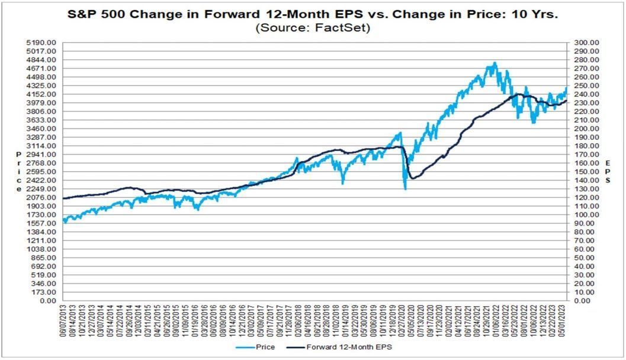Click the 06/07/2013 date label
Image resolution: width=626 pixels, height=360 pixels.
(63, 323)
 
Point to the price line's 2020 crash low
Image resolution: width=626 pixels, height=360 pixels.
(405, 189)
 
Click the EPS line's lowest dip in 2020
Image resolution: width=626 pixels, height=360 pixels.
(412, 178)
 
